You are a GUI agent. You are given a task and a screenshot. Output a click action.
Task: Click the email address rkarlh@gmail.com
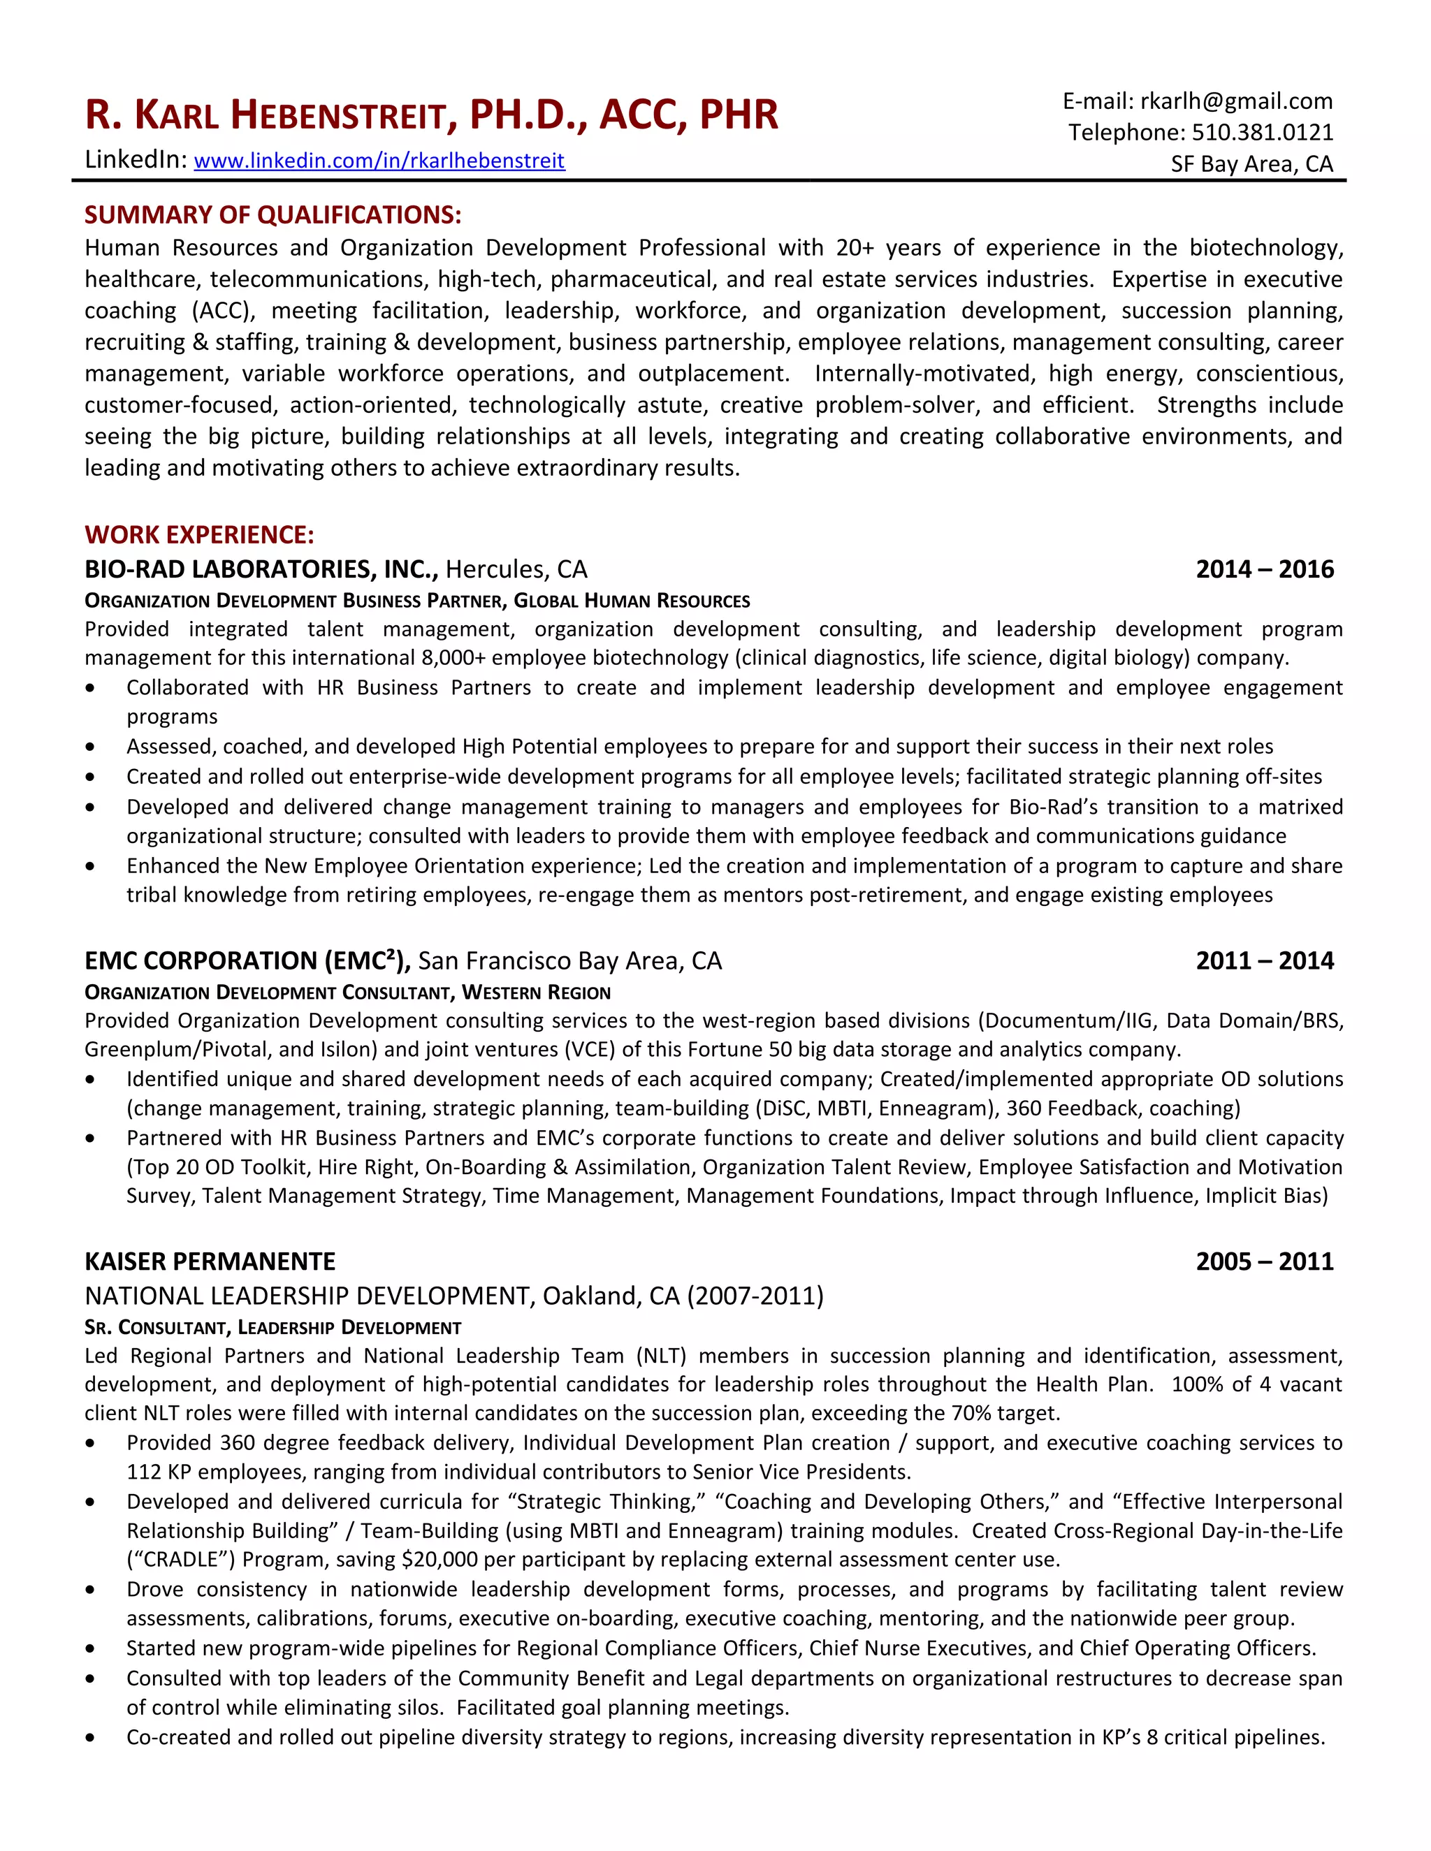pos(1236,102)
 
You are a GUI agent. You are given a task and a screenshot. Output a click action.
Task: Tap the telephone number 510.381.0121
pos(1263,133)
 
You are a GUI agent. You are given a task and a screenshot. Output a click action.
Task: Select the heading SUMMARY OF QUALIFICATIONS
pos(273,215)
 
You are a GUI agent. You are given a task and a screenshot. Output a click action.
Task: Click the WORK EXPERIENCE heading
pos(199,535)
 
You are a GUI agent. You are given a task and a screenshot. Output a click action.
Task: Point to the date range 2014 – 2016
pos(1264,569)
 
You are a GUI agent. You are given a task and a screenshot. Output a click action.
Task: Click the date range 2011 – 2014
pos(1264,961)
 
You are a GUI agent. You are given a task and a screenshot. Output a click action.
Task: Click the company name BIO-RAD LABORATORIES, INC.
pos(261,569)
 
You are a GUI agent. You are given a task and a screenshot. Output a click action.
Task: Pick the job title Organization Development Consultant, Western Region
pos(347,993)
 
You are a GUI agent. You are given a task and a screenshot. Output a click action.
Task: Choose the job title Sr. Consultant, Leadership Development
pos(273,1327)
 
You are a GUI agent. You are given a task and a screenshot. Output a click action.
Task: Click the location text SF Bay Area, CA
pos(1251,164)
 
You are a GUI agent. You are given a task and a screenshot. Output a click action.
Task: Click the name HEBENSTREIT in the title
pos(338,116)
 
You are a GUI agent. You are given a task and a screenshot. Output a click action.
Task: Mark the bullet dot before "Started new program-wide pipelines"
pos(91,1649)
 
